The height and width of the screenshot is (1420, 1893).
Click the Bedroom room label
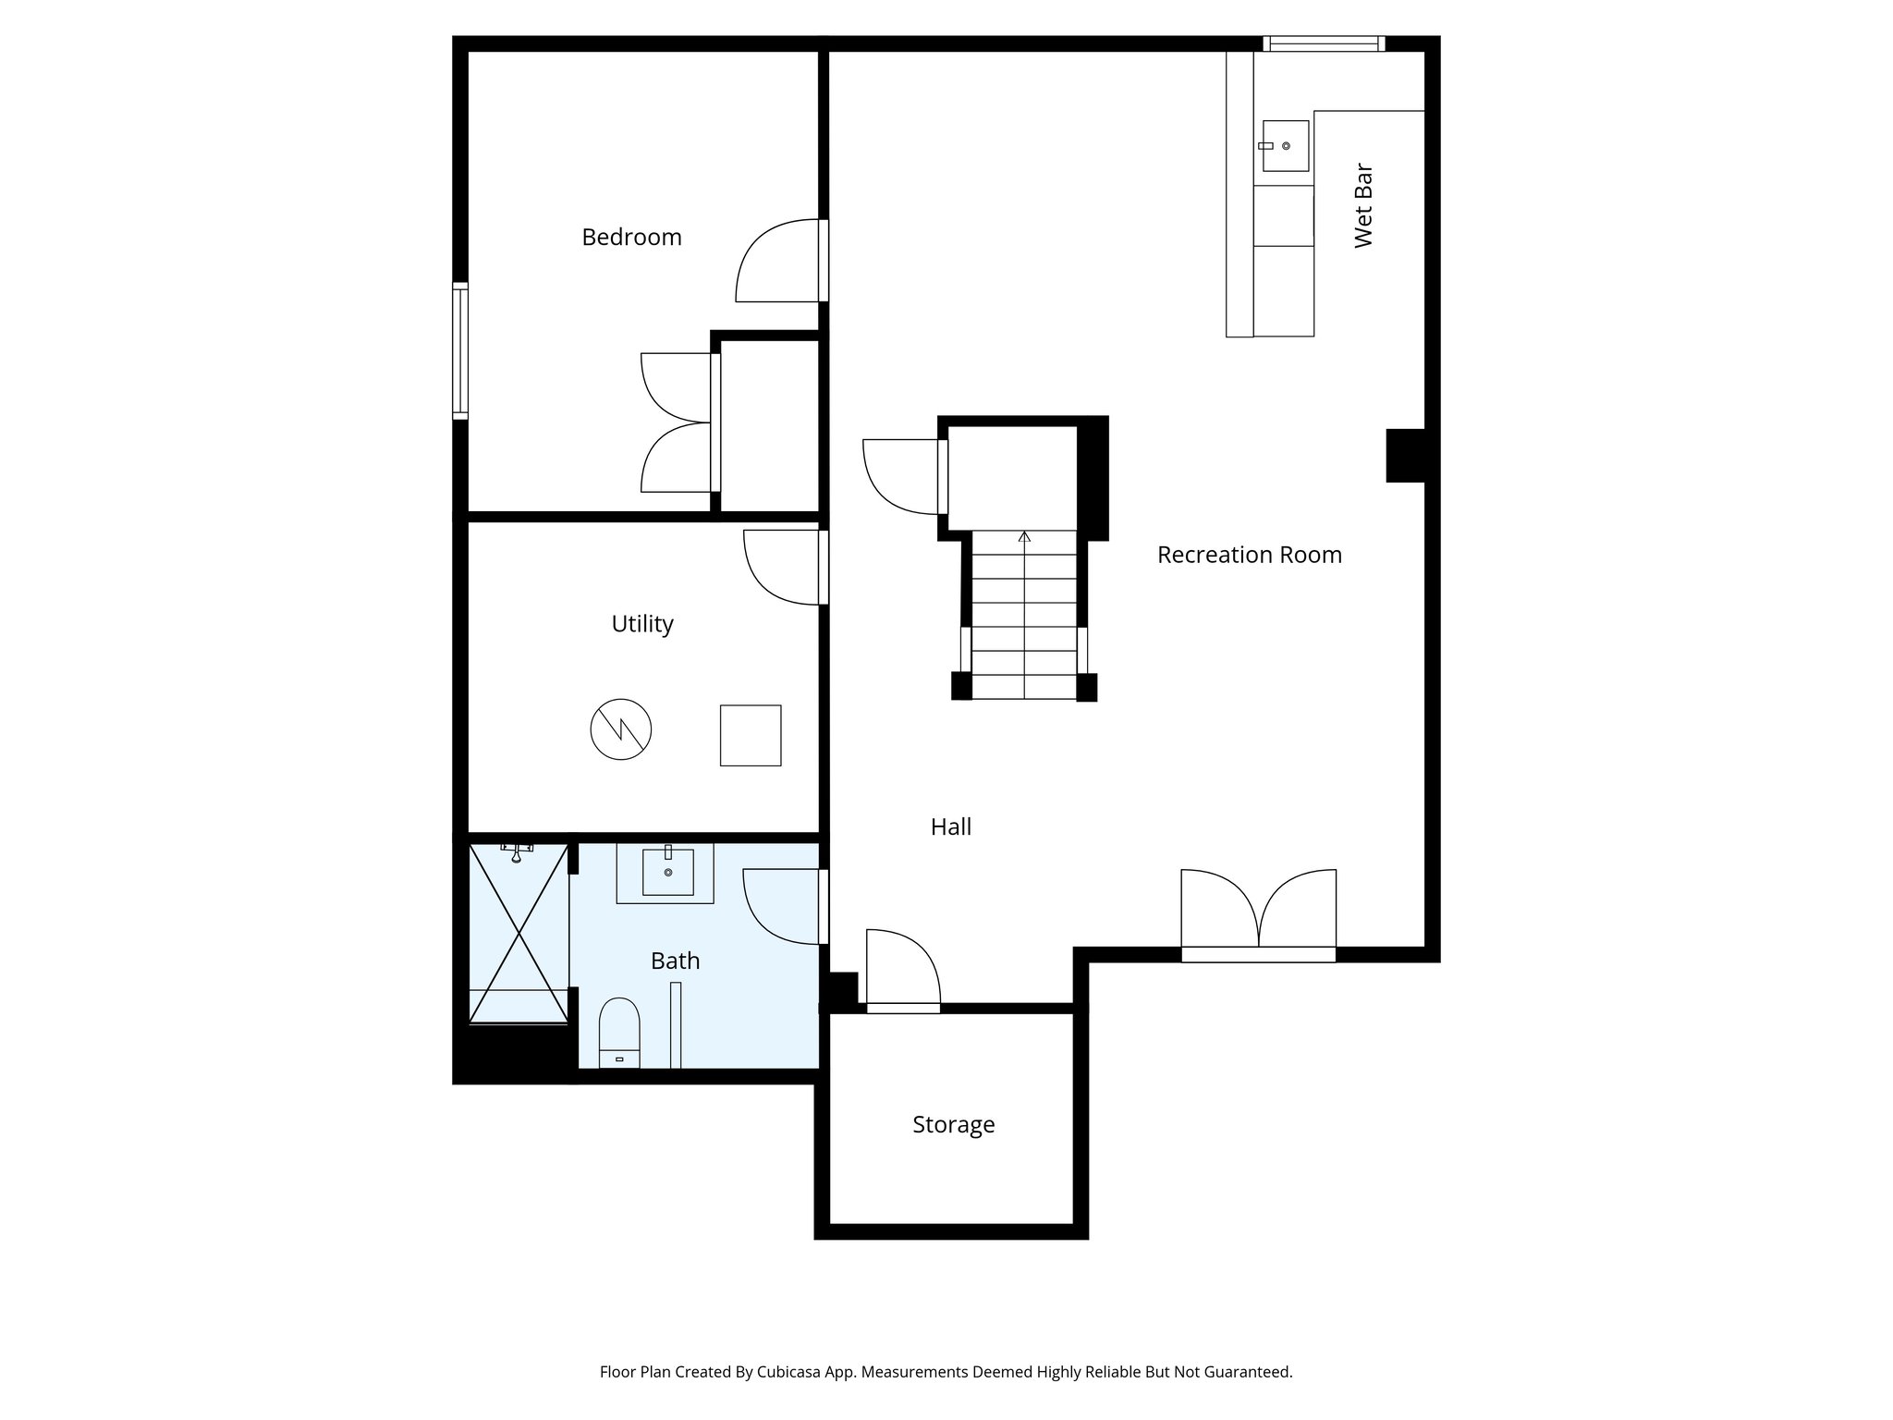(x=631, y=238)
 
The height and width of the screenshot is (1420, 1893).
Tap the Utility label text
(x=641, y=624)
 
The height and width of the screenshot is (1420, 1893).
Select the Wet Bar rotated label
(x=1363, y=206)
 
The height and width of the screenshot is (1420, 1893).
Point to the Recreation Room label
(x=1249, y=555)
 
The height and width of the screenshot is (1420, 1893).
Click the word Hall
(x=950, y=826)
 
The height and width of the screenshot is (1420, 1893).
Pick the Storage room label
(x=953, y=1124)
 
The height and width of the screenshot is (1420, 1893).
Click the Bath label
(x=675, y=961)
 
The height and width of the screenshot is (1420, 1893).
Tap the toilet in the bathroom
(x=619, y=1033)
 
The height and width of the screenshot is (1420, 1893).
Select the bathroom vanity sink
(x=667, y=872)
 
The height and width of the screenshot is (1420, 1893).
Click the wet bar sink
(x=1286, y=146)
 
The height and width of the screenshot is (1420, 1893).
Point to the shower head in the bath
(x=518, y=851)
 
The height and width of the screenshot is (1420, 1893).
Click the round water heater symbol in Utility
(x=621, y=729)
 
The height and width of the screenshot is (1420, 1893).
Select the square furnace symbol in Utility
(x=751, y=735)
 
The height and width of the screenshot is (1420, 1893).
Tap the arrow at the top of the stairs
(x=1024, y=537)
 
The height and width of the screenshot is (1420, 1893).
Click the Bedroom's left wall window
(x=459, y=350)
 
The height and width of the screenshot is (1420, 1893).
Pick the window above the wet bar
(x=1324, y=43)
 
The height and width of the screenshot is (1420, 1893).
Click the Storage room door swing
(x=902, y=966)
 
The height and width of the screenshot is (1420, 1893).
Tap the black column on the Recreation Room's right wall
(x=1406, y=456)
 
